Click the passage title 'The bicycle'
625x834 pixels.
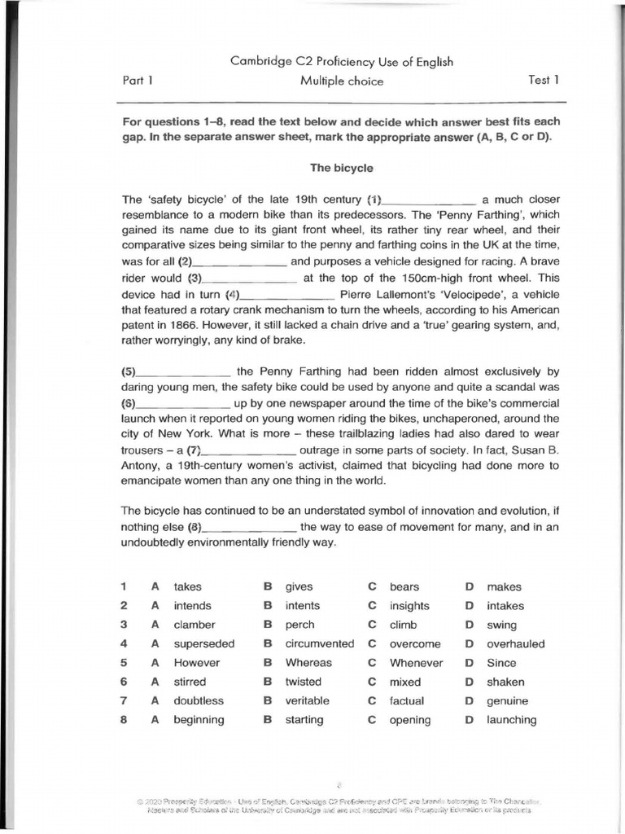(x=341, y=168)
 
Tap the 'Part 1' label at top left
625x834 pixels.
(x=138, y=80)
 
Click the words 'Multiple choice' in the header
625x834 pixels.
(x=341, y=81)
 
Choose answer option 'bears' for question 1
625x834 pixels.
(x=404, y=586)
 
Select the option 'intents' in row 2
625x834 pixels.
(x=302, y=606)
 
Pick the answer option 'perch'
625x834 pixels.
(x=299, y=625)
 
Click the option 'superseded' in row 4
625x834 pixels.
(x=203, y=643)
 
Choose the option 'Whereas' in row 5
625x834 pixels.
(x=308, y=663)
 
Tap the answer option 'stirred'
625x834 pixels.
(x=190, y=682)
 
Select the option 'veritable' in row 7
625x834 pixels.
(x=307, y=700)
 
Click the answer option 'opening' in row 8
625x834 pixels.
(x=410, y=720)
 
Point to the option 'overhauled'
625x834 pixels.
(x=516, y=643)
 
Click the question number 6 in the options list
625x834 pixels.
(x=124, y=682)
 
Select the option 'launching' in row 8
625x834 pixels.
(x=512, y=720)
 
